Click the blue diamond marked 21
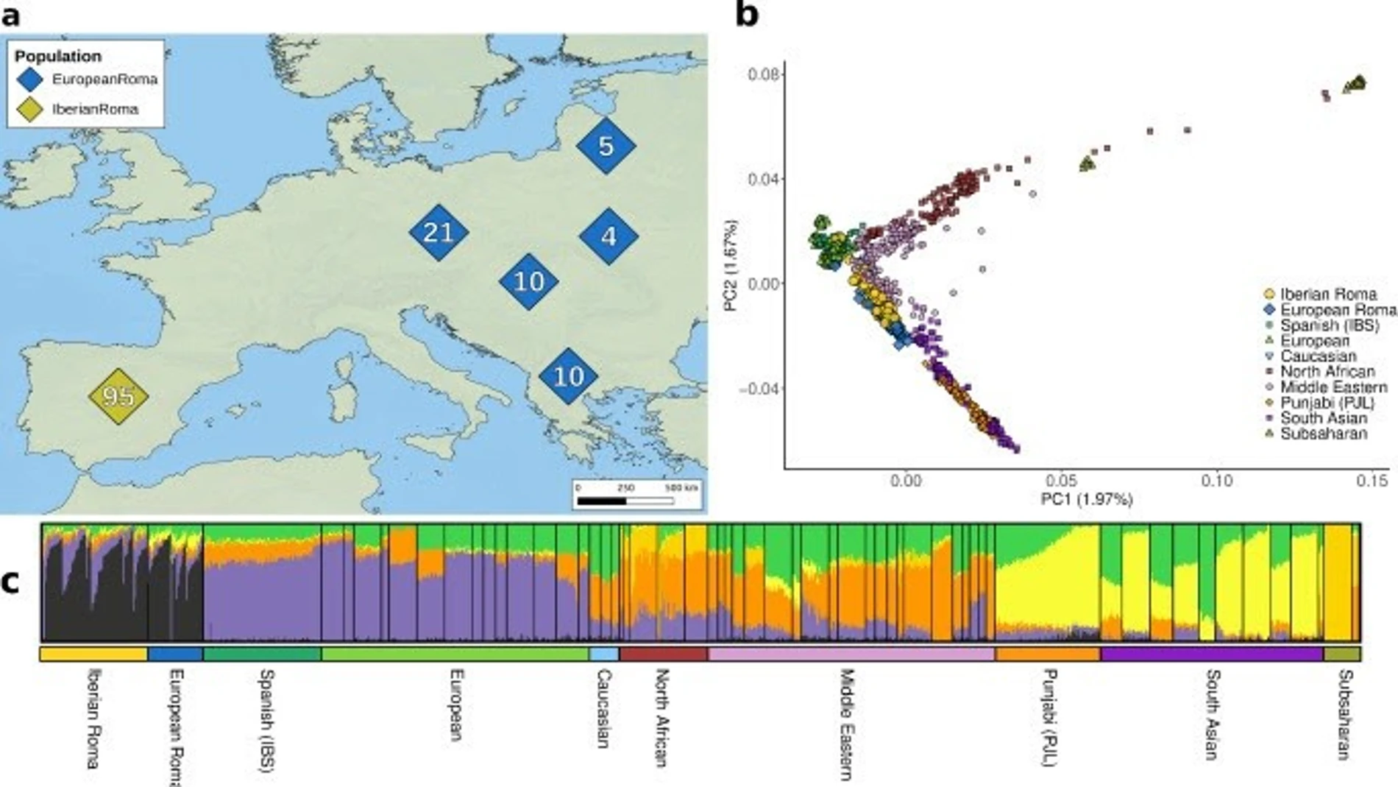point(439,233)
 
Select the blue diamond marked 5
point(606,146)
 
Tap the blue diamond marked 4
point(608,236)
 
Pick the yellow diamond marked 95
point(118,396)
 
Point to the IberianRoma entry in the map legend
point(94,109)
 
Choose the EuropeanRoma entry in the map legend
point(104,80)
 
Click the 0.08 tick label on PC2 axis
point(763,74)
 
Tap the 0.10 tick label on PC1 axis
point(1217,481)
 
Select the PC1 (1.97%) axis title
point(1086,500)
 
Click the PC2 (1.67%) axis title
point(731,265)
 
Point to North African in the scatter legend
point(1327,372)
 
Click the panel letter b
point(746,15)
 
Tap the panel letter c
point(10,582)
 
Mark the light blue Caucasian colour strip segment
point(604,654)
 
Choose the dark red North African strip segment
point(664,654)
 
